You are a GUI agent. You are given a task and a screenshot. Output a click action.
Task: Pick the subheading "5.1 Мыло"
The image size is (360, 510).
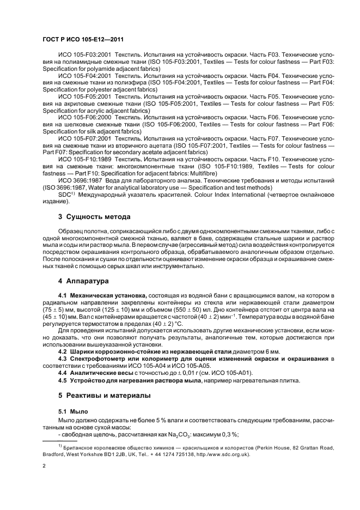[72, 409]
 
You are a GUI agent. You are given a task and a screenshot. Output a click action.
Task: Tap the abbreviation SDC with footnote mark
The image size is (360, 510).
[66, 193]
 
